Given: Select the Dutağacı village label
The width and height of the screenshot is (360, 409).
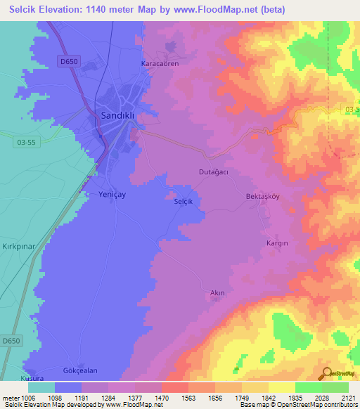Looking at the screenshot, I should (x=212, y=171).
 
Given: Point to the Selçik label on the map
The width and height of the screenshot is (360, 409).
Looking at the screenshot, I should (x=183, y=201).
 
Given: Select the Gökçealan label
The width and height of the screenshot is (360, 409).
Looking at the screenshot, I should (x=79, y=370).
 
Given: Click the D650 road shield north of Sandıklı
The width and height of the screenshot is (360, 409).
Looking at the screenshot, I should (x=69, y=62).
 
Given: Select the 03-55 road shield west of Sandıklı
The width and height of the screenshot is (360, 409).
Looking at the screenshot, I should (x=24, y=142).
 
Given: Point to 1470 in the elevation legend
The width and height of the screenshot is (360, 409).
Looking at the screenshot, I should (x=162, y=398).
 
